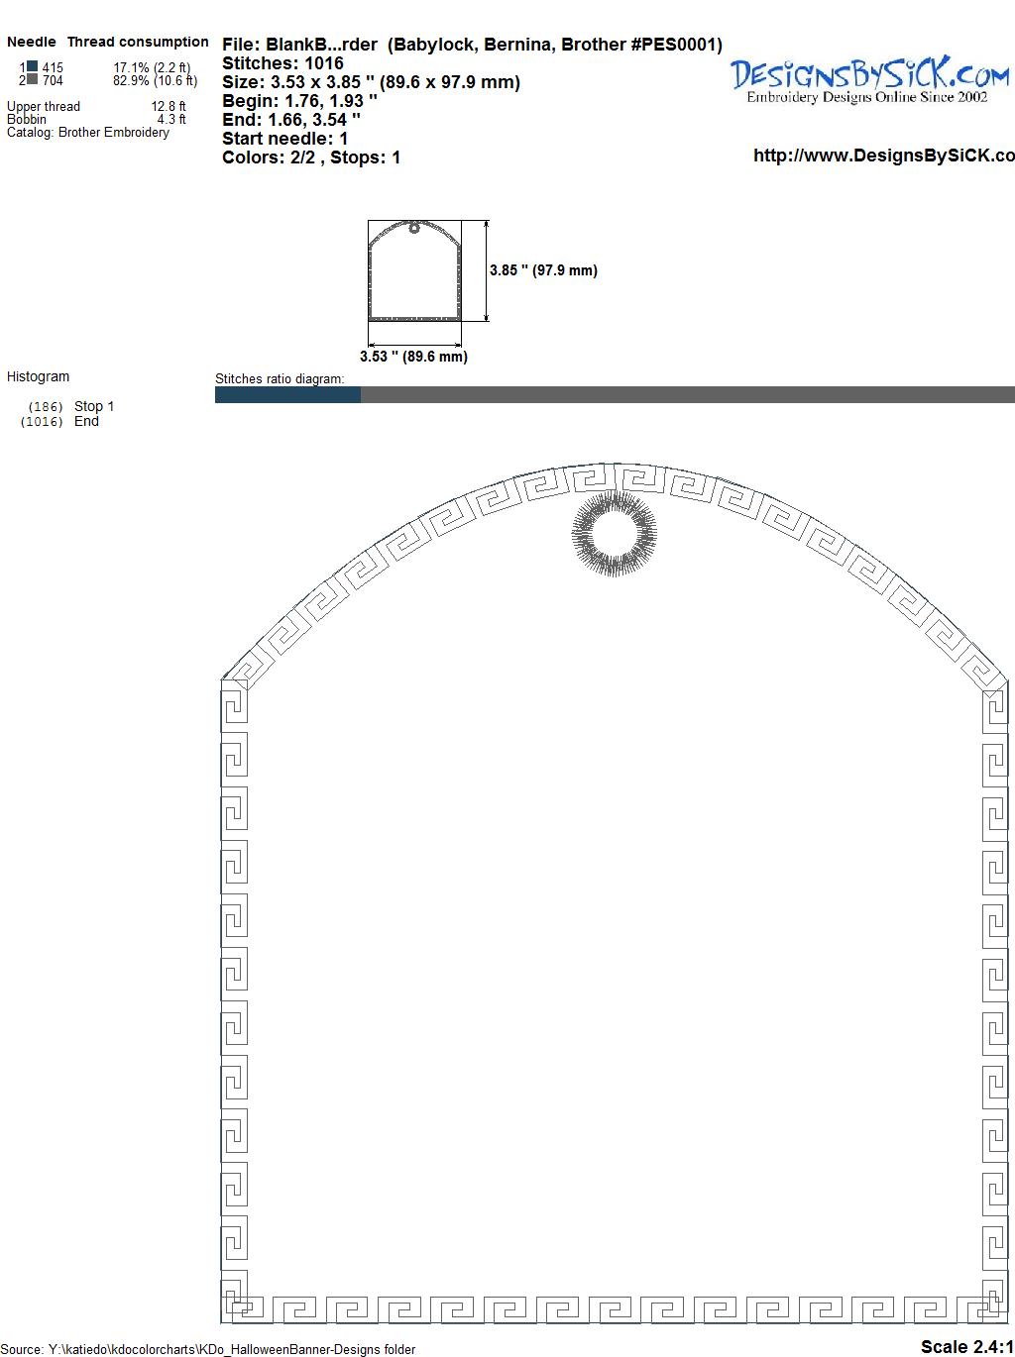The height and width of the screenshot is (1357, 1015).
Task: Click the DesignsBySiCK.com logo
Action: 869,80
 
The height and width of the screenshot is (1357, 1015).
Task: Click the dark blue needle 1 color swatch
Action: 32,66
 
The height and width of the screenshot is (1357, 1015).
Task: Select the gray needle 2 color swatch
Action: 32,79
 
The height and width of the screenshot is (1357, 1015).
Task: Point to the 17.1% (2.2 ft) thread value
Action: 152,67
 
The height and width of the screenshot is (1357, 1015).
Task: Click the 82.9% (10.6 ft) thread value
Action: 155,80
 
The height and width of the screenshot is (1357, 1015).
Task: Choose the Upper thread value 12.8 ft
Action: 169,106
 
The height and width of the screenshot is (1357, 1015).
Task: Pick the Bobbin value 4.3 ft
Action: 171,119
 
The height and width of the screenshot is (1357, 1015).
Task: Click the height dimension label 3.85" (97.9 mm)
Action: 543,270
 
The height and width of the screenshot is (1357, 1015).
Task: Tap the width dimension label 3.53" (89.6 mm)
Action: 413,357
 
